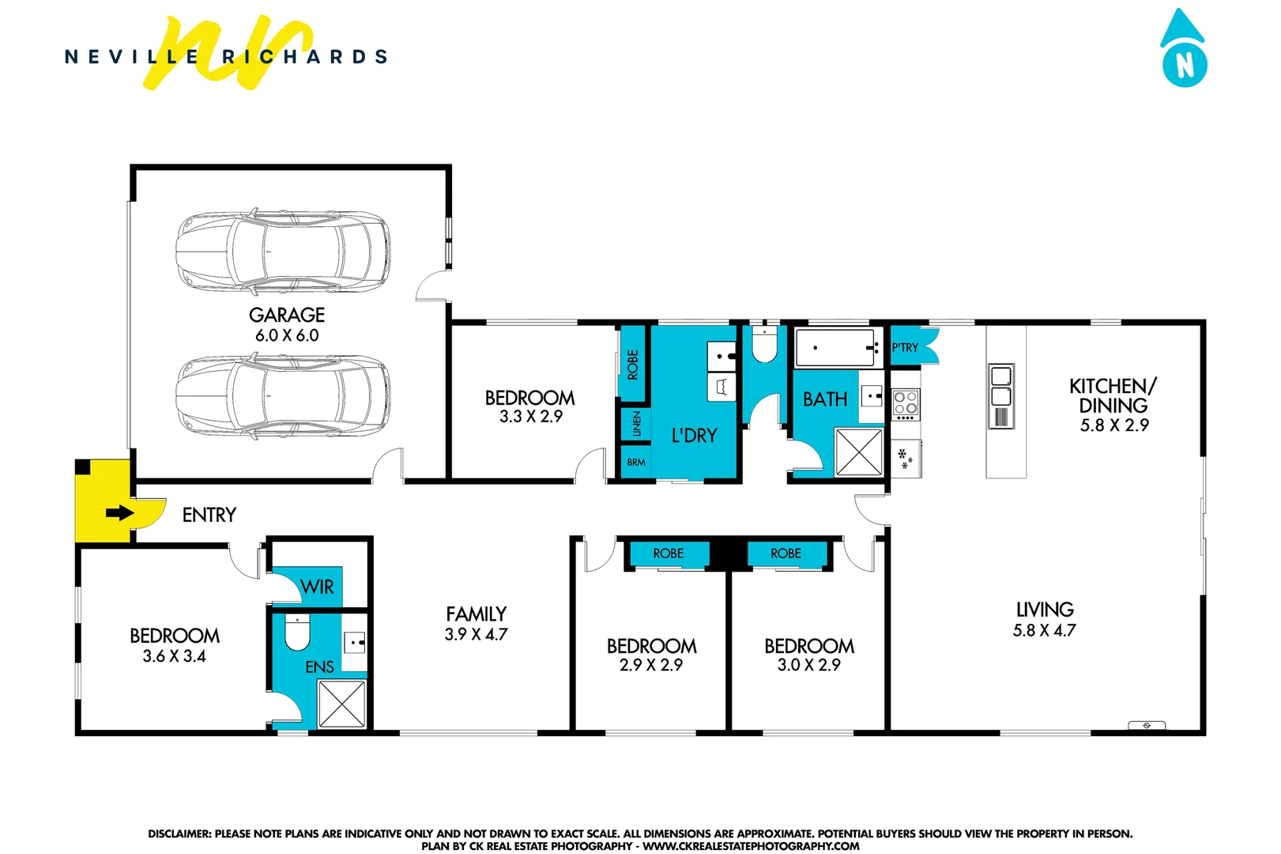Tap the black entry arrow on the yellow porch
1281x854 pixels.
click(x=119, y=513)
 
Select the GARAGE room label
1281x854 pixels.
click(x=287, y=315)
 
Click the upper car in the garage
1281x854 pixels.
click(x=283, y=251)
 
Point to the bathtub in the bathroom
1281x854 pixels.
click(x=837, y=348)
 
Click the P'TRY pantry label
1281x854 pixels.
click(x=905, y=347)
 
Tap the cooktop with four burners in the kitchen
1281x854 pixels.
click(x=906, y=404)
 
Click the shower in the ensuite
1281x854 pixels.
click(x=341, y=703)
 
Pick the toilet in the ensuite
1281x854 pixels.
click(x=296, y=632)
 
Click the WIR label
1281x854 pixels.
click(x=317, y=587)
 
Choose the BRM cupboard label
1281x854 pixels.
click(x=636, y=462)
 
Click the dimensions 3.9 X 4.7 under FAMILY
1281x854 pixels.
click(x=476, y=634)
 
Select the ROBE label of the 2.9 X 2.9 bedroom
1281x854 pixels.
click(x=668, y=554)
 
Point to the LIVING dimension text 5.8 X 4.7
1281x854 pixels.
click(x=1044, y=631)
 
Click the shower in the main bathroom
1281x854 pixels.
click(x=859, y=452)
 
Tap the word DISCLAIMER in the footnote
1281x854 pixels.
click(x=179, y=833)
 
